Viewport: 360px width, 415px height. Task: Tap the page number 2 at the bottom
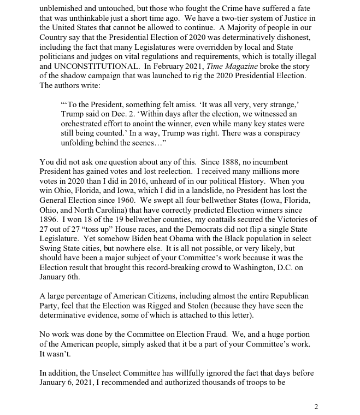tap(316, 406)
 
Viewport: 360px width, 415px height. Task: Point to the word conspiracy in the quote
tap(273, 133)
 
